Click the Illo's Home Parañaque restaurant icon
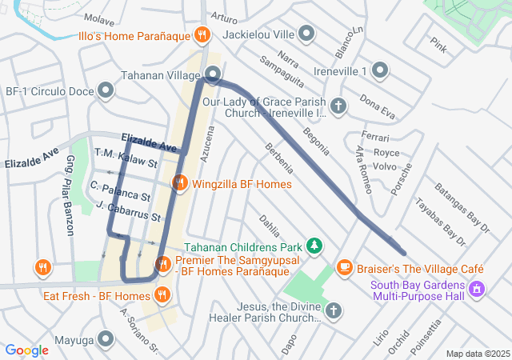click(202, 35)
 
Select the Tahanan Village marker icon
click(213, 75)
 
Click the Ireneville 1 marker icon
click(379, 72)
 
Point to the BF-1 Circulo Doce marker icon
click(105, 90)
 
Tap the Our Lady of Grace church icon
click(338, 106)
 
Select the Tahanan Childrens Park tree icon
click(316, 245)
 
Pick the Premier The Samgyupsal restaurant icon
click(163, 263)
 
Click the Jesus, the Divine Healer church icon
click(334, 310)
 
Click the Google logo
click(27, 350)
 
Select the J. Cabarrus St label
click(128, 211)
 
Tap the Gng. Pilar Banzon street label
click(69, 206)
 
